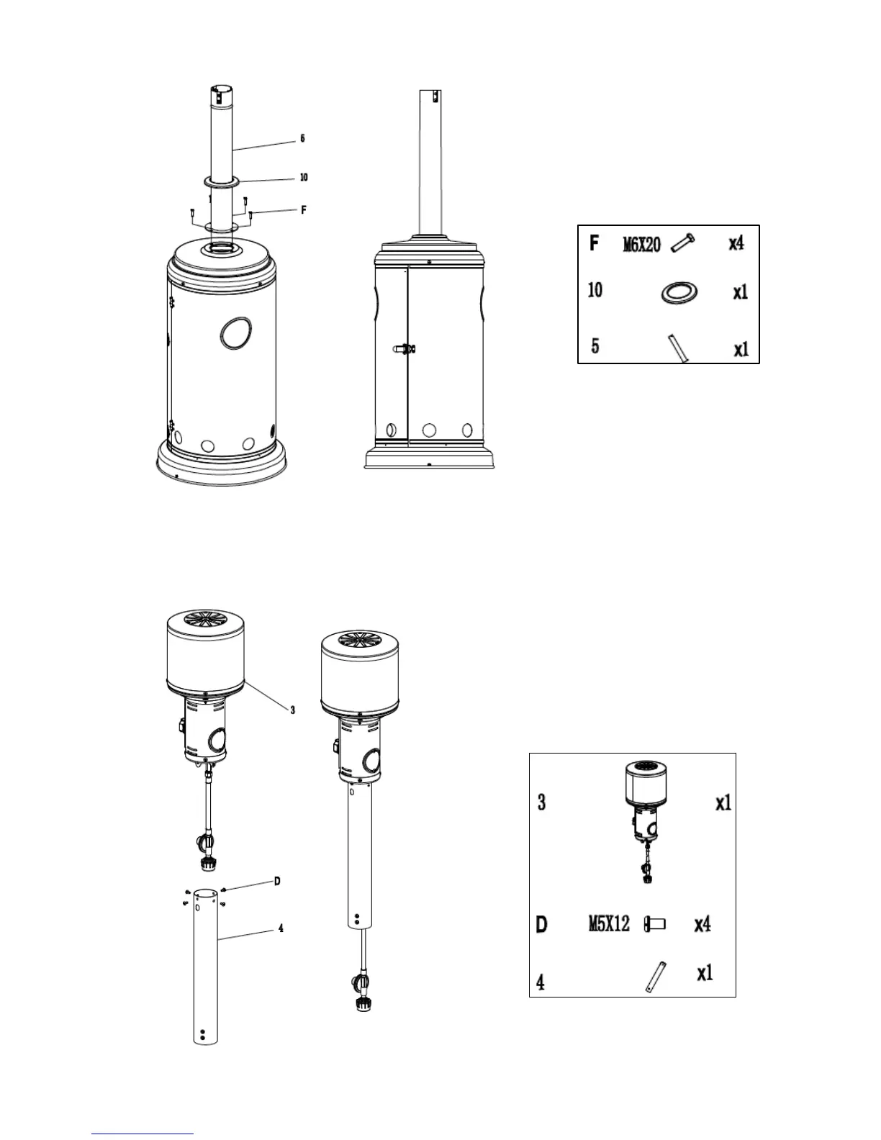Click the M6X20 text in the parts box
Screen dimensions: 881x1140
pos(641,245)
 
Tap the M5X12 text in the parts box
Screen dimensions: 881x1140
pos(609,923)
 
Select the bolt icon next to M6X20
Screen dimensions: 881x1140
pos(682,244)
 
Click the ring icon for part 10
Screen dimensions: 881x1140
pos(678,294)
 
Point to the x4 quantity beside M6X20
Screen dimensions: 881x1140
pos(736,243)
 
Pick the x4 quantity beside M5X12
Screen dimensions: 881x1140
pos(702,924)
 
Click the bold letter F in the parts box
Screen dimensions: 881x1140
pos(595,243)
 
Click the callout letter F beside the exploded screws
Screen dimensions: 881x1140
pos(304,210)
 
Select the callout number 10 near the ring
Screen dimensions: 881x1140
pos(304,177)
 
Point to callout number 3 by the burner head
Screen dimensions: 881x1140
pos(292,710)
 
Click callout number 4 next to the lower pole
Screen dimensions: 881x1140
pos(281,928)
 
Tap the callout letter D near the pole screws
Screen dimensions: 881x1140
pos(277,881)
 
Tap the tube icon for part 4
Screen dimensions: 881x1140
pos(655,977)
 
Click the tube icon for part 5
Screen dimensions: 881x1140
pos(678,348)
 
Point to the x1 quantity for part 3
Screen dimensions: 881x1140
pos(723,803)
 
